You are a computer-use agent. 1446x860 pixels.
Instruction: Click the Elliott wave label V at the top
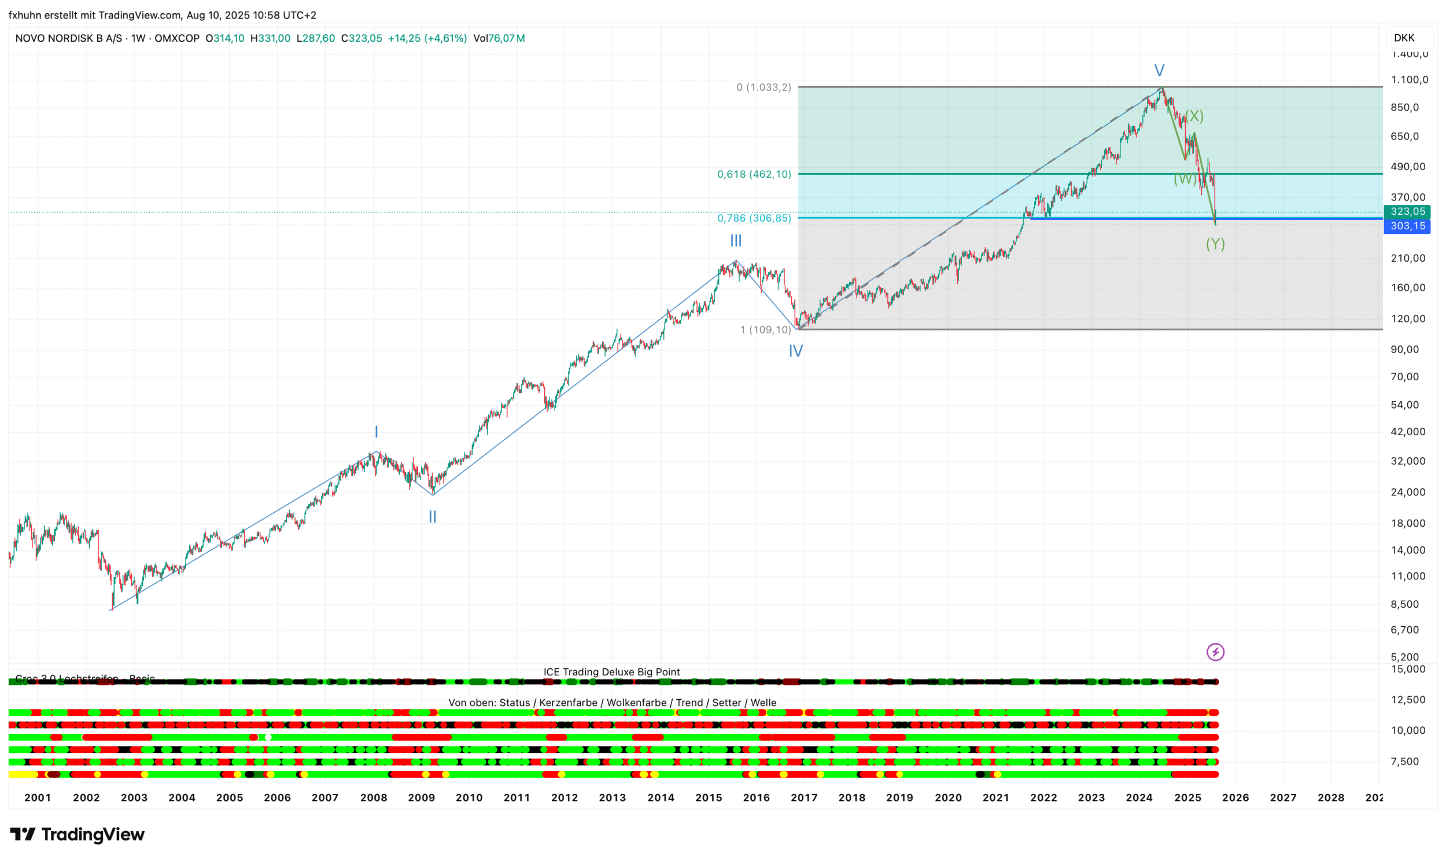1159,71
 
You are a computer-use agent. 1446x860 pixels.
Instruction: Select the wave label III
736,241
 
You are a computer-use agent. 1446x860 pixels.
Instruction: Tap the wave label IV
796,351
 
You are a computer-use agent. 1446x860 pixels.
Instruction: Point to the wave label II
432,516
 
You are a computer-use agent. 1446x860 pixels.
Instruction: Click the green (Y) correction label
1215,244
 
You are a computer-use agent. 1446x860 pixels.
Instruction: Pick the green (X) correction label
1193,116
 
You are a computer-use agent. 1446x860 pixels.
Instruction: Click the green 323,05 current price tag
1407,211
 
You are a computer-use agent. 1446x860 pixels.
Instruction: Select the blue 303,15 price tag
1407,226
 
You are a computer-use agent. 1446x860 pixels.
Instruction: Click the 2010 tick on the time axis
469,797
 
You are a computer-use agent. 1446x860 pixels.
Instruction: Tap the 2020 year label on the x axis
948,797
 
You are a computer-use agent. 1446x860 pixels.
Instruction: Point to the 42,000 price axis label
1408,432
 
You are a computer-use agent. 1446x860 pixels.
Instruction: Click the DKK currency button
1404,38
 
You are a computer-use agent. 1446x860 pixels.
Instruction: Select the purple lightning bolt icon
1215,652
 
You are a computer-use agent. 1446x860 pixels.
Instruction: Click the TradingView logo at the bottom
77,835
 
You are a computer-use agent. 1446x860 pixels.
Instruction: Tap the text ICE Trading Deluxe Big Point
611,672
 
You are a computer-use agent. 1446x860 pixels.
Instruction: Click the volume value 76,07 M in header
506,38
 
